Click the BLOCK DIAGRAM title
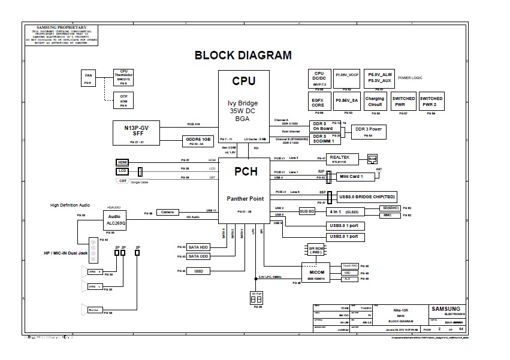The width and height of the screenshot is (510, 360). (x=243, y=56)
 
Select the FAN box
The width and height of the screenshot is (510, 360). (x=88, y=77)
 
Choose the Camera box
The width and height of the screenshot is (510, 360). (x=167, y=212)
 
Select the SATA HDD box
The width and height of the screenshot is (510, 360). (x=198, y=247)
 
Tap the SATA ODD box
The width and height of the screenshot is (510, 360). (x=198, y=256)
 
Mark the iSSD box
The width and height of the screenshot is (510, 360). (x=198, y=271)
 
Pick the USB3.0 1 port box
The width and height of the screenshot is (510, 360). (x=343, y=226)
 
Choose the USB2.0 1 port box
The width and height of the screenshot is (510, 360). (x=343, y=237)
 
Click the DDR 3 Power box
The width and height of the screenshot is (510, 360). (x=368, y=131)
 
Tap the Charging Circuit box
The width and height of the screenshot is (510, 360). (x=375, y=101)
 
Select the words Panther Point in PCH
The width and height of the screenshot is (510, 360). (x=246, y=198)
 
